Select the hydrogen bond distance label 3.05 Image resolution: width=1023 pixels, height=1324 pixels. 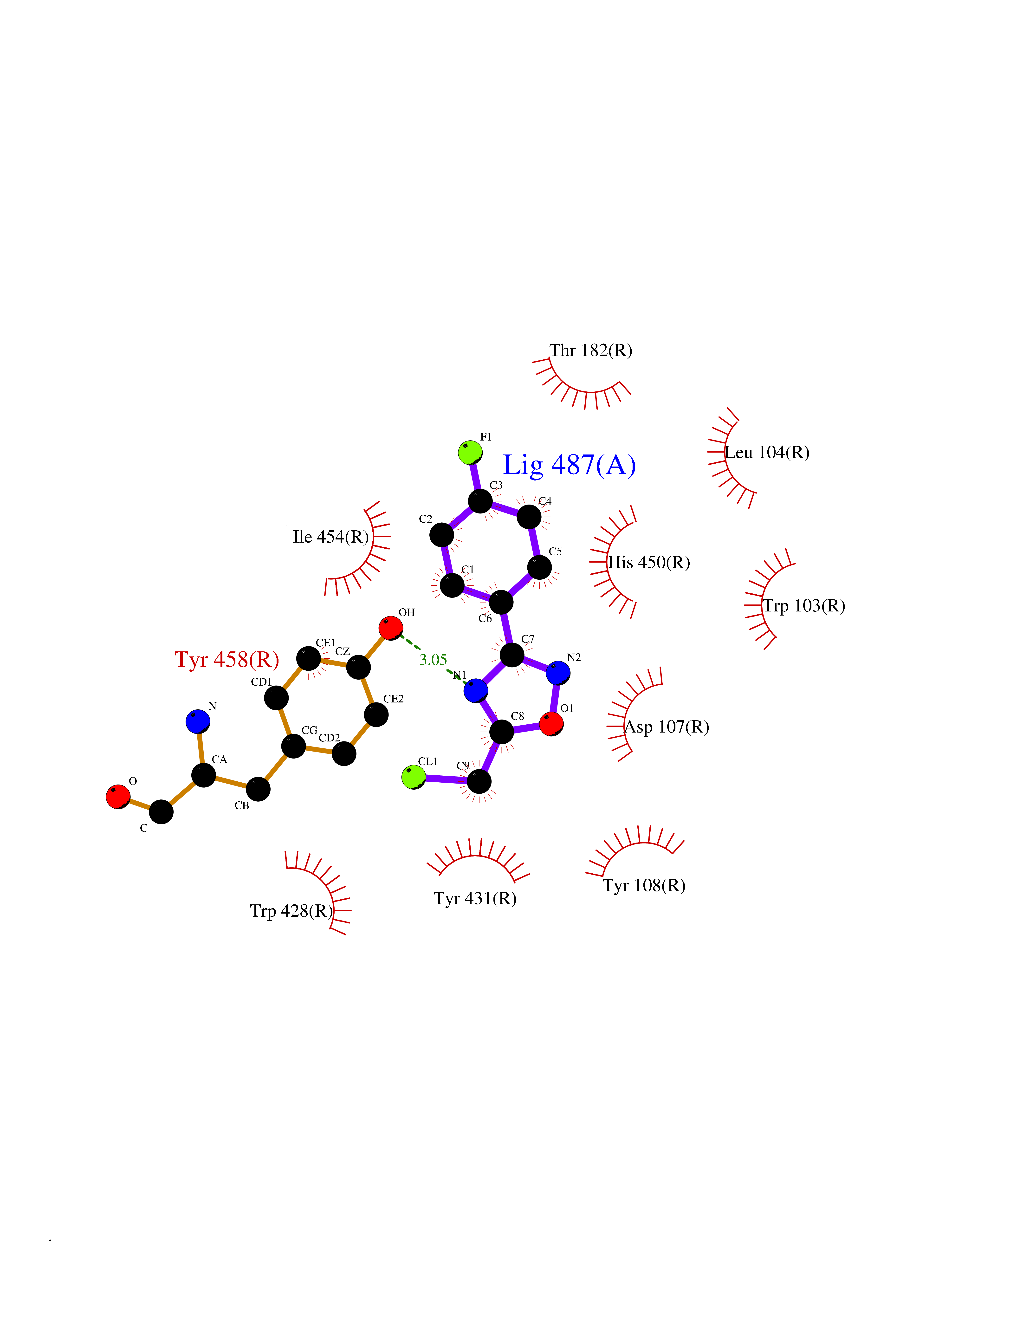(433, 660)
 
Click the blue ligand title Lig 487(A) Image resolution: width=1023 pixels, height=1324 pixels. (569, 465)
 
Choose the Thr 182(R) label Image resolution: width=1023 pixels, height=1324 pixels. (591, 350)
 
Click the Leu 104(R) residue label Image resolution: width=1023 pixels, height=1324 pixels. (767, 452)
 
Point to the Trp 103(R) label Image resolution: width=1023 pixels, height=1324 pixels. (804, 606)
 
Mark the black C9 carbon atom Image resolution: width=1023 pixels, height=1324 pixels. (479, 781)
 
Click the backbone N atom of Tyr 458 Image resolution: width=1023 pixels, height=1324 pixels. (198, 721)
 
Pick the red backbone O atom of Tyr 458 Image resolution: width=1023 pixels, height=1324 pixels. (118, 797)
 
